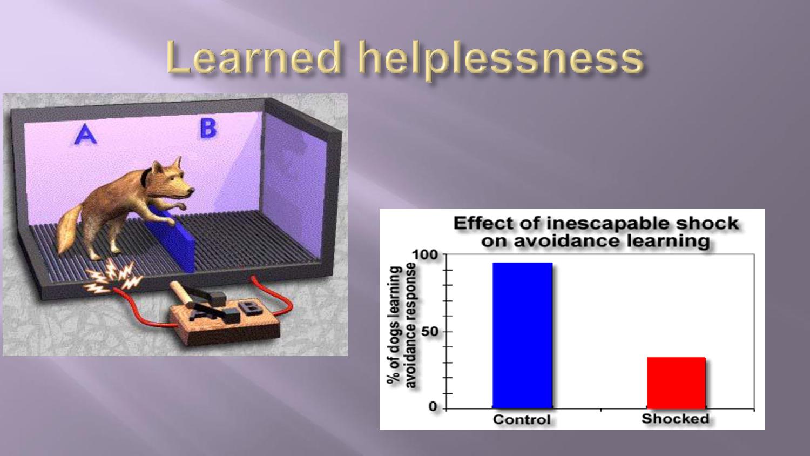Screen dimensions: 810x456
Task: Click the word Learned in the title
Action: click(x=254, y=57)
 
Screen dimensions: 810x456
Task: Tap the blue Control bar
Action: click(x=523, y=336)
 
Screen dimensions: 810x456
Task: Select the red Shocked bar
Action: click(x=676, y=383)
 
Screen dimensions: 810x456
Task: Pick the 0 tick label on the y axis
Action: click(x=433, y=407)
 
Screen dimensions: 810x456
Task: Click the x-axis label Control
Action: click(x=522, y=419)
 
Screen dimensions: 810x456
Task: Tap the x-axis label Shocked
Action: click(x=675, y=419)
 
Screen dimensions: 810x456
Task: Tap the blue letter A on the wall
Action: click(x=85, y=135)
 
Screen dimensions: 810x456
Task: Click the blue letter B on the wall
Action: click(x=208, y=129)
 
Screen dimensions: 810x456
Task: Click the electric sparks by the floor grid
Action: click(x=112, y=277)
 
